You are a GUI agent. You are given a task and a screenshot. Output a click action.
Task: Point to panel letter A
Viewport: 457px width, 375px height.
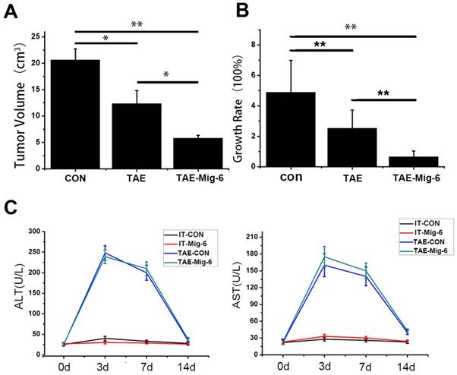click(x=11, y=10)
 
